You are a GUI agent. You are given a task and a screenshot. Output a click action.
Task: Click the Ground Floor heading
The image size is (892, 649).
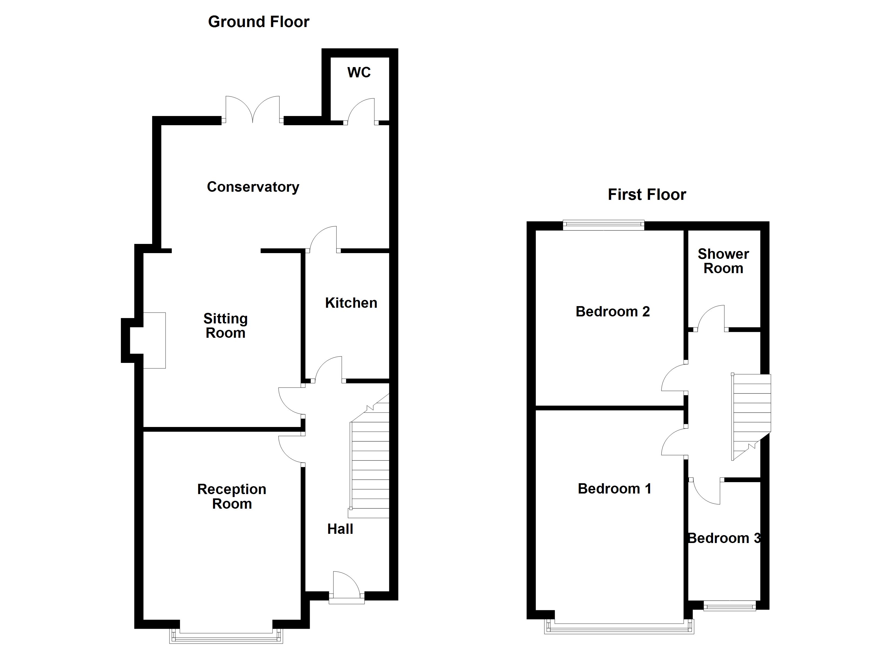(x=258, y=22)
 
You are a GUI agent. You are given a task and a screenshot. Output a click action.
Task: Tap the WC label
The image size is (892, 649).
(x=359, y=72)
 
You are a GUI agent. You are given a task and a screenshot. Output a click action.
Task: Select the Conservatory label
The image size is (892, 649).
(x=253, y=187)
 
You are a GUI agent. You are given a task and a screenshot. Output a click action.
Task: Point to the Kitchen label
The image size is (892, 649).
(x=351, y=303)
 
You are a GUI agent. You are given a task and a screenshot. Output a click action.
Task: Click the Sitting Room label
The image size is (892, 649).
(x=225, y=326)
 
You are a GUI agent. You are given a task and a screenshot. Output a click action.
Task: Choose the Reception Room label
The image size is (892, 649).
(x=232, y=496)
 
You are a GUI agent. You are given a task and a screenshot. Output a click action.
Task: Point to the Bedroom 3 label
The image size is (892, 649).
(x=724, y=538)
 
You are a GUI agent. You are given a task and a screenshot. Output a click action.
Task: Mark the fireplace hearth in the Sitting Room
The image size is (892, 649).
(x=154, y=340)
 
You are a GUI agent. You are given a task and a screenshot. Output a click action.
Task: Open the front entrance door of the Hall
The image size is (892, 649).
(x=346, y=590)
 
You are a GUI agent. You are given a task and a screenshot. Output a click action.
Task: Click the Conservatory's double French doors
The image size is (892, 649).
(x=252, y=110)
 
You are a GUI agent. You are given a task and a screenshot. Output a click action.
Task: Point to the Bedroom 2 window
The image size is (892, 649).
(x=603, y=226)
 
